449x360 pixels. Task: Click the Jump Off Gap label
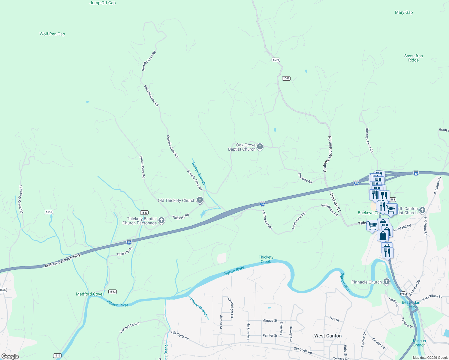[x=103, y=3]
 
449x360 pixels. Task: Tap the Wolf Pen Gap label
[x=52, y=34]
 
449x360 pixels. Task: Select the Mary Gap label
[x=404, y=13]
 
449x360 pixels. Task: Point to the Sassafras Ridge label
[x=413, y=58]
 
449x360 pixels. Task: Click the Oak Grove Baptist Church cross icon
[x=260, y=147]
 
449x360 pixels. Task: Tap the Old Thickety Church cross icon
[x=200, y=200]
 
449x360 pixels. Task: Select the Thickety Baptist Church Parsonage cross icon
[x=161, y=221]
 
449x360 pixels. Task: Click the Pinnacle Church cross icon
[x=387, y=282]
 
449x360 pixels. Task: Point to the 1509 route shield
[x=276, y=60]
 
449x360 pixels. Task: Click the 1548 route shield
[x=286, y=78]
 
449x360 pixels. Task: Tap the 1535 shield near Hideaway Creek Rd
[x=49, y=212]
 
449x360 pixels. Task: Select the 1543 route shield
[x=144, y=213]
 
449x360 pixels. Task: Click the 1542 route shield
[x=112, y=292]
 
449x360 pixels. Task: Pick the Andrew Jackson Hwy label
[x=62, y=261]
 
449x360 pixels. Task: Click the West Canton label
[x=328, y=336]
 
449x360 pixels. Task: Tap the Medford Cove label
[x=89, y=294]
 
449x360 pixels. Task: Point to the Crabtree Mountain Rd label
[x=327, y=154]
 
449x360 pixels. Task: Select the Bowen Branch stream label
[x=199, y=173]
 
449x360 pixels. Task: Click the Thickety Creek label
[x=266, y=259]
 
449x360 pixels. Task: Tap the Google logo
[x=10, y=356]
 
